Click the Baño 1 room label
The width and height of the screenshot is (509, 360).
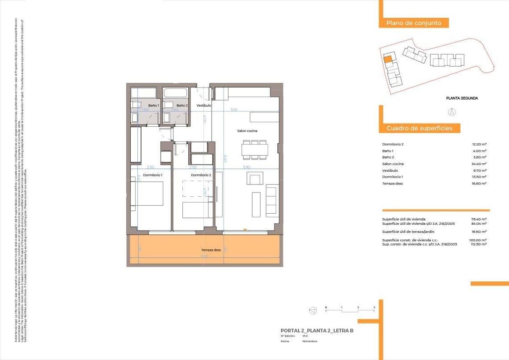point(154,105)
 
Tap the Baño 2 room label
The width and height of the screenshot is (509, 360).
point(182,105)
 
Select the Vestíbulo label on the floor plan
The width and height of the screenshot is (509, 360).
point(204,105)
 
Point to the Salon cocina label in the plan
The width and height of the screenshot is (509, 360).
point(247,131)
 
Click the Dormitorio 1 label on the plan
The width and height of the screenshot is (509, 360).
point(153,175)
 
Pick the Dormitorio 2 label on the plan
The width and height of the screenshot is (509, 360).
point(201,175)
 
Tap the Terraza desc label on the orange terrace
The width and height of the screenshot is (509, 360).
point(211,250)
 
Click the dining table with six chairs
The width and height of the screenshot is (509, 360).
point(255,150)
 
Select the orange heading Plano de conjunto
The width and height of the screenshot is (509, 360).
point(414,23)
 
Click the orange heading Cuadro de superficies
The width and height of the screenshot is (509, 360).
point(419,128)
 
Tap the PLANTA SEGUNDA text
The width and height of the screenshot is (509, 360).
point(462,98)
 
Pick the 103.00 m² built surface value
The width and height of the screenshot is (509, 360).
point(478,240)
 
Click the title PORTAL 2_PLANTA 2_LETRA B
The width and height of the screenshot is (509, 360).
point(317,331)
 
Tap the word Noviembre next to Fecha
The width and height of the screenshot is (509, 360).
point(310,341)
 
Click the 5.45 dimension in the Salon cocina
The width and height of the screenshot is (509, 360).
point(234,109)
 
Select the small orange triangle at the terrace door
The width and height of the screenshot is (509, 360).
point(245,230)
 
